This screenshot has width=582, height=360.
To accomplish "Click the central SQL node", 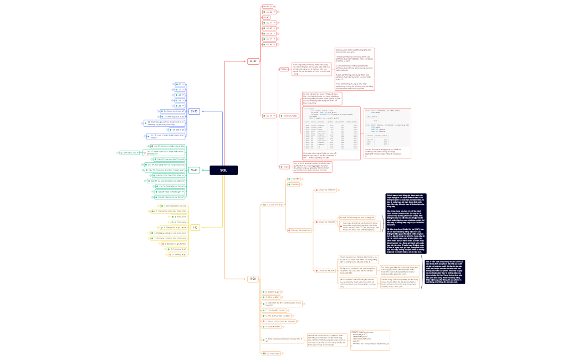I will coord(223,171).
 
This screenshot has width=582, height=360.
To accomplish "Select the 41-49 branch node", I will coord(253,61).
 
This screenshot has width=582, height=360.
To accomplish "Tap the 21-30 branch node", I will coord(194,111).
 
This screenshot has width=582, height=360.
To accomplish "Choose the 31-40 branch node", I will coord(194,170).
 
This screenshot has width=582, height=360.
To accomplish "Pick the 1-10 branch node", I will coord(195,228).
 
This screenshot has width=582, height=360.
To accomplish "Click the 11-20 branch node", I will coord(253,279).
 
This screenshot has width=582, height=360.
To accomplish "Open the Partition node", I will coord(283,69).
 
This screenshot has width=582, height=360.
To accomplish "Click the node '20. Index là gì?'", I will coord(273,353).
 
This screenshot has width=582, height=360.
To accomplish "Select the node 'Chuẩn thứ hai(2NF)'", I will coord(325,222).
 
